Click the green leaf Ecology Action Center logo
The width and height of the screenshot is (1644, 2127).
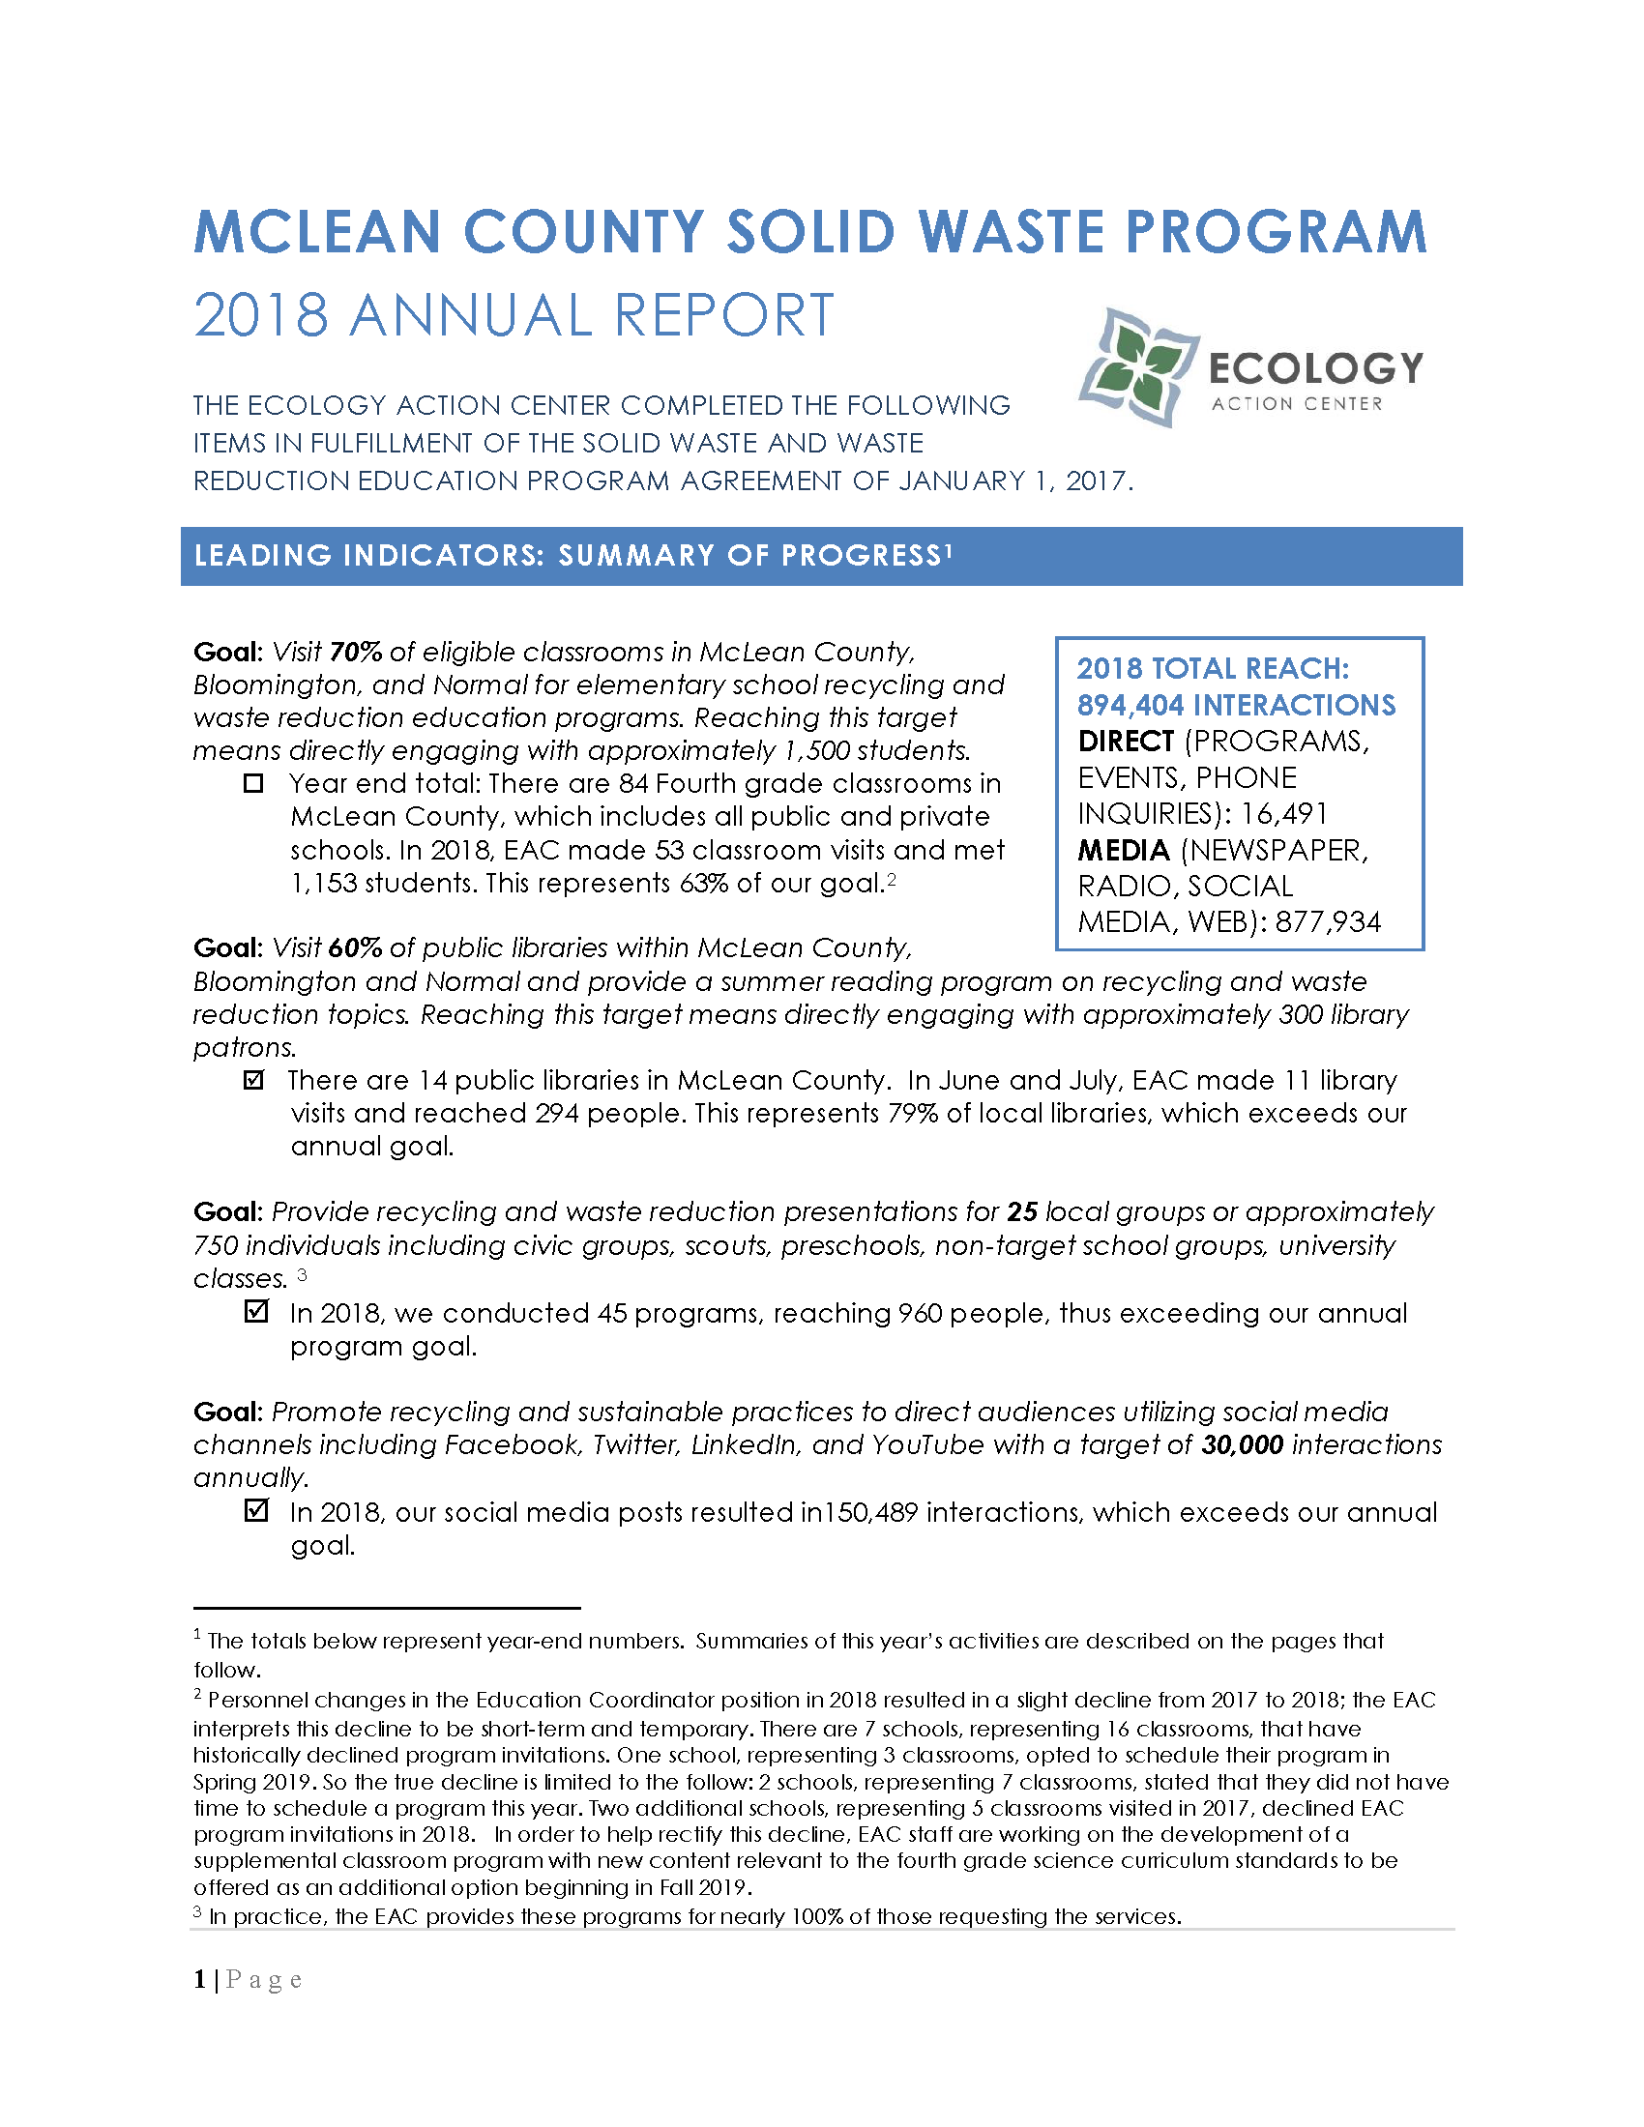[x=1137, y=368]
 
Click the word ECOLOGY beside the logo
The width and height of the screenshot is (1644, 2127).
[x=1315, y=368]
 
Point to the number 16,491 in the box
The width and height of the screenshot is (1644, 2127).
[x=1283, y=814]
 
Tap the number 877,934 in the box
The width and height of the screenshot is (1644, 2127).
[x=1328, y=922]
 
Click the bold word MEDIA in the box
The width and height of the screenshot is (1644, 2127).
[x=1123, y=850]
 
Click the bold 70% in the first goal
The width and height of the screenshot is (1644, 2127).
[x=356, y=652]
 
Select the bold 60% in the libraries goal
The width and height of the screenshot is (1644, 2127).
[x=355, y=947]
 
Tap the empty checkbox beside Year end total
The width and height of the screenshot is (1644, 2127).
[x=253, y=783]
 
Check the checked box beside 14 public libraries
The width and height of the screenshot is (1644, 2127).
[x=253, y=1080]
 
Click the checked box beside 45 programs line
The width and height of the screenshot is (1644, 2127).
[x=255, y=1312]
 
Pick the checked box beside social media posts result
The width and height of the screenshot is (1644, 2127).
[x=255, y=1510]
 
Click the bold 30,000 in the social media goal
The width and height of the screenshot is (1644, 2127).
[x=1242, y=1444]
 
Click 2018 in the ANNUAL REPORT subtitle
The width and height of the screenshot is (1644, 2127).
[x=261, y=315]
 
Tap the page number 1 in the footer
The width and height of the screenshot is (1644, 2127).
[x=199, y=1980]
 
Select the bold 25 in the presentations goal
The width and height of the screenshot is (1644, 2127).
[x=1021, y=1211]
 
